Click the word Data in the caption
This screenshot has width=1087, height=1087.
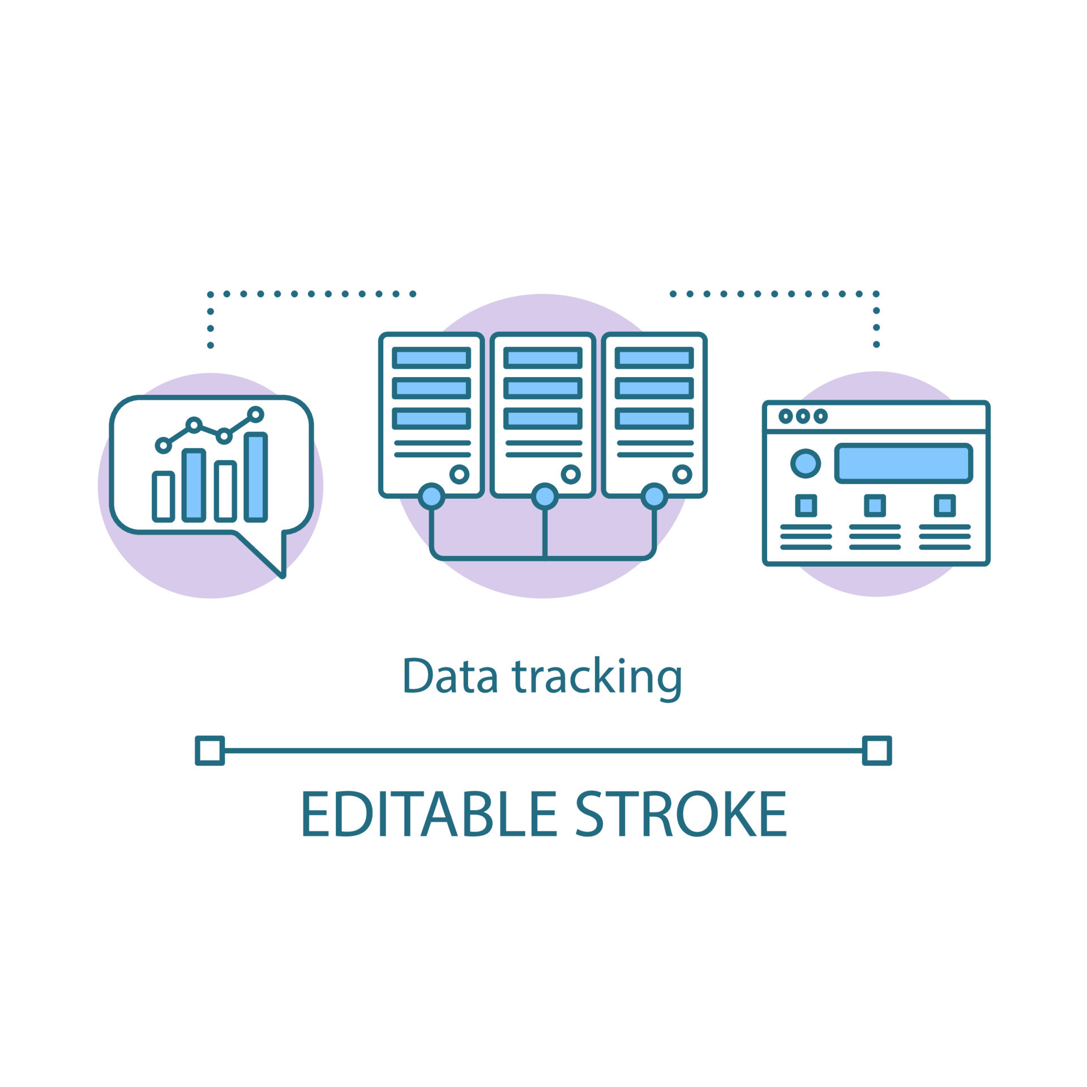pos(450,675)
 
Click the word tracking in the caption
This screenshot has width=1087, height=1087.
pos(597,677)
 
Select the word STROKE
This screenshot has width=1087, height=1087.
pos(681,814)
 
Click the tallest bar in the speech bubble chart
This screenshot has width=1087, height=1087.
pos(256,477)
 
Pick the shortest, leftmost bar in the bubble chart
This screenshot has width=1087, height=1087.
pos(163,496)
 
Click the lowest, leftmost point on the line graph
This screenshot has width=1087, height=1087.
pos(163,446)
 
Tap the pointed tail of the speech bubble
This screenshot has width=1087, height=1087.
pos(281,572)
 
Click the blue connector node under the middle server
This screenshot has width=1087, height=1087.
pos(545,497)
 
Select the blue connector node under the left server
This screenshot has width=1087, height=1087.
pos(431,497)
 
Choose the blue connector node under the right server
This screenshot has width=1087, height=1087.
pos(654,497)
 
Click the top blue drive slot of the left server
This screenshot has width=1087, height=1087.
pos(431,358)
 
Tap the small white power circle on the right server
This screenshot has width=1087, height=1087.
pos(682,474)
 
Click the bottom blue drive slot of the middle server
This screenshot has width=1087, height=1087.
pos(543,418)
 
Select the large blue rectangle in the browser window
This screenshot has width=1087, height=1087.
pos(904,463)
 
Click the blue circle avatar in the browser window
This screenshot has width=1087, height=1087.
pos(806,464)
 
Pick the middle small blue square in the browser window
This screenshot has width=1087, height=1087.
pos(875,506)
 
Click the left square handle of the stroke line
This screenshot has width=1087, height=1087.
pos(209,751)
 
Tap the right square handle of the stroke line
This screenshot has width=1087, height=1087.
pos(877,751)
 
